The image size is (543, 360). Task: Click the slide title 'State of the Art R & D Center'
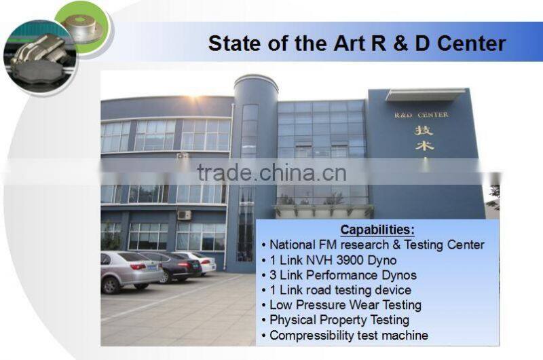pyautogui.click(x=357, y=43)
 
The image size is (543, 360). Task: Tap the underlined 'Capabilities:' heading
pyautogui.click(x=377, y=230)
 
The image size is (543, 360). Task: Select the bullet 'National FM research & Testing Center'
pyautogui.click(x=377, y=245)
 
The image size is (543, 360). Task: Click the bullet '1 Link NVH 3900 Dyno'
pyautogui.click(x=333, y=260)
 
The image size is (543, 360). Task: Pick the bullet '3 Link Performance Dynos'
pyautogui.click(x=343, y=275)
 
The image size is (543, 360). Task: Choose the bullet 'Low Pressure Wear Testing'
pyautogui.click(x=345, y=305)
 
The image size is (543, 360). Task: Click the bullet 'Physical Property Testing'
pyautogui.click(x=339, y=320)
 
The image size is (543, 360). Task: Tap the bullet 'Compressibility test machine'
pyautogui.click(x=348, y=335)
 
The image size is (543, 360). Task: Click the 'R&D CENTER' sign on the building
pyautogui.click(x=422, y=115)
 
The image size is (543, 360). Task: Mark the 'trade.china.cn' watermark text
pyautogui.click(x=271, y=173)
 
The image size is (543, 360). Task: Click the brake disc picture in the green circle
pyautogui.click(x=81, y=27)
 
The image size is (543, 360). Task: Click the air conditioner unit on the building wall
pyautogui.click(x=184, y=215)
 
